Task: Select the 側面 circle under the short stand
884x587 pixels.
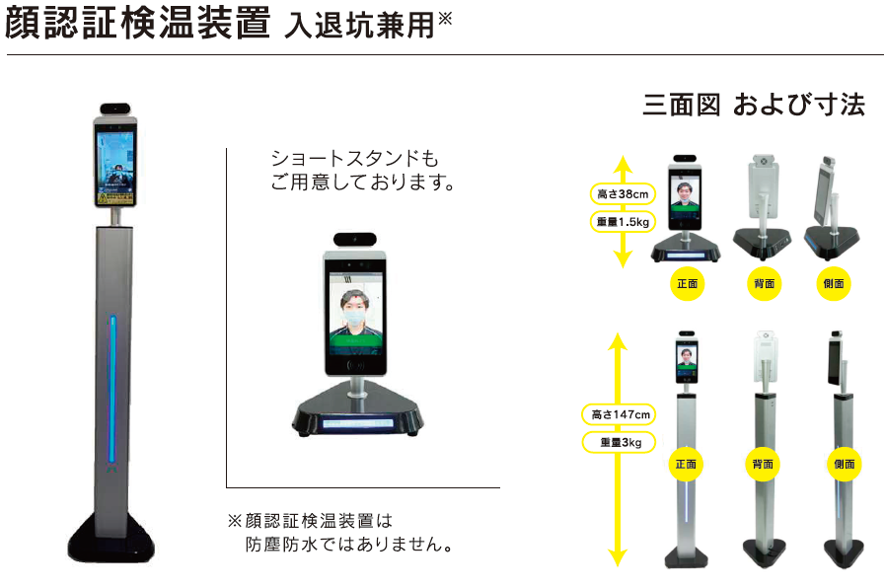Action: click(x=834, y=284)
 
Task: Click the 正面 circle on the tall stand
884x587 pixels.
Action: click(x=687, y=463)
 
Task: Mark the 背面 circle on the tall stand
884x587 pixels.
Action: click(x=762, y=463)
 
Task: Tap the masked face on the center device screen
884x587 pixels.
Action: click(x=355, y=311)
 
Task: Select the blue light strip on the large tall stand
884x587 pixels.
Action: click(x=112, y=390)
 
